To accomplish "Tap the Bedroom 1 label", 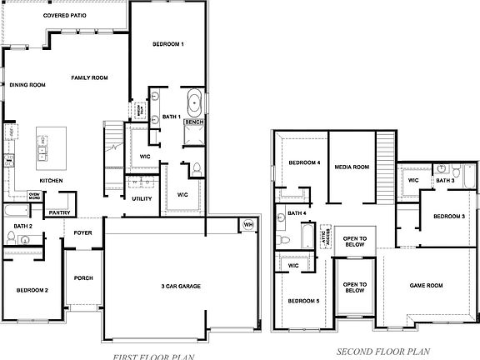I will pos(168,43).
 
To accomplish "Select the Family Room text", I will pos(89,77).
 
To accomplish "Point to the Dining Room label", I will pos(27,84).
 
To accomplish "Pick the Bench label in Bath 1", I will pos(194,122).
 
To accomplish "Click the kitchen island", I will pos(42,147).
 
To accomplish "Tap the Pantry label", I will pos(59,212).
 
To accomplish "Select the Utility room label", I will pos(142,199).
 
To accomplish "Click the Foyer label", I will pos(82,233).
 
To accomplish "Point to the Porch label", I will pos(83,277).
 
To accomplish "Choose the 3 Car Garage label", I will pos(181,287).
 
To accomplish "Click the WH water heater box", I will pos(247,225).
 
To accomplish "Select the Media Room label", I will pos(352,167).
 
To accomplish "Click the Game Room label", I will pos(426,285).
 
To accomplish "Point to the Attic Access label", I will pos(327,237).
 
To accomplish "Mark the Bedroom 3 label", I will pos(449,217).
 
